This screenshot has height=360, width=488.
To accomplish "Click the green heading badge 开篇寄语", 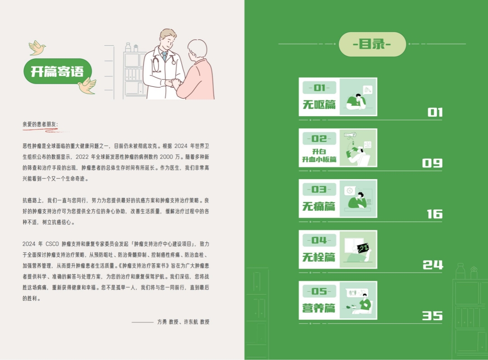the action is point(57,71).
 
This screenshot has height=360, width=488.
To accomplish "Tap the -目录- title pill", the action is point(372,44).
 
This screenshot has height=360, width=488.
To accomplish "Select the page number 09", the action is point(432,163).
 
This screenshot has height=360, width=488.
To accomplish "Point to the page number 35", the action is point(432,316).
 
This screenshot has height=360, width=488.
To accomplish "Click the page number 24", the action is point(432,265).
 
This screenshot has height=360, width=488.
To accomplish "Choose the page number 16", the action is point(435,214).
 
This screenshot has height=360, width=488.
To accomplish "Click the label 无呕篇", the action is point(319,104).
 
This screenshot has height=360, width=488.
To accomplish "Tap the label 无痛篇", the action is point(319,206).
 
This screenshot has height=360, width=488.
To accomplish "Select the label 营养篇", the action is point(319,308).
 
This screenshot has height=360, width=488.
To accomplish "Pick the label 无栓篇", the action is point(319,257).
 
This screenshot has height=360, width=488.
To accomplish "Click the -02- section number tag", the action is point(319,138).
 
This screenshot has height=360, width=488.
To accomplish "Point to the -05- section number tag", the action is point(319,291).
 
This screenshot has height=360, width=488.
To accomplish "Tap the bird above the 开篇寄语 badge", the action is point(37,47).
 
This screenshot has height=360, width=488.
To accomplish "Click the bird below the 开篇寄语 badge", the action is point(87,86).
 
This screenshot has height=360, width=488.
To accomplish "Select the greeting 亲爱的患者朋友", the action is point(40,124).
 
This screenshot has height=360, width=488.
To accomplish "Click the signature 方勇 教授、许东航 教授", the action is point(183,322).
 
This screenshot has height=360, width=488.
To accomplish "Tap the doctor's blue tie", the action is point(164,57).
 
